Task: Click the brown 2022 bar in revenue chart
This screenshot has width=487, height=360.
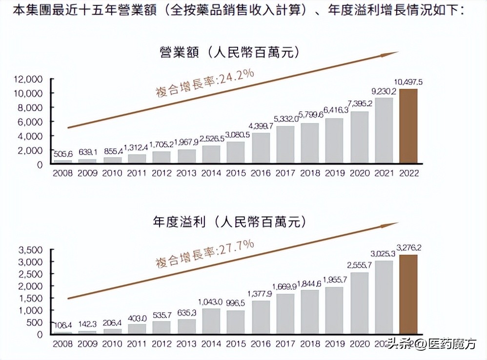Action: (408, 126)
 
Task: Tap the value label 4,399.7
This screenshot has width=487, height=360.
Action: (261, 126)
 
